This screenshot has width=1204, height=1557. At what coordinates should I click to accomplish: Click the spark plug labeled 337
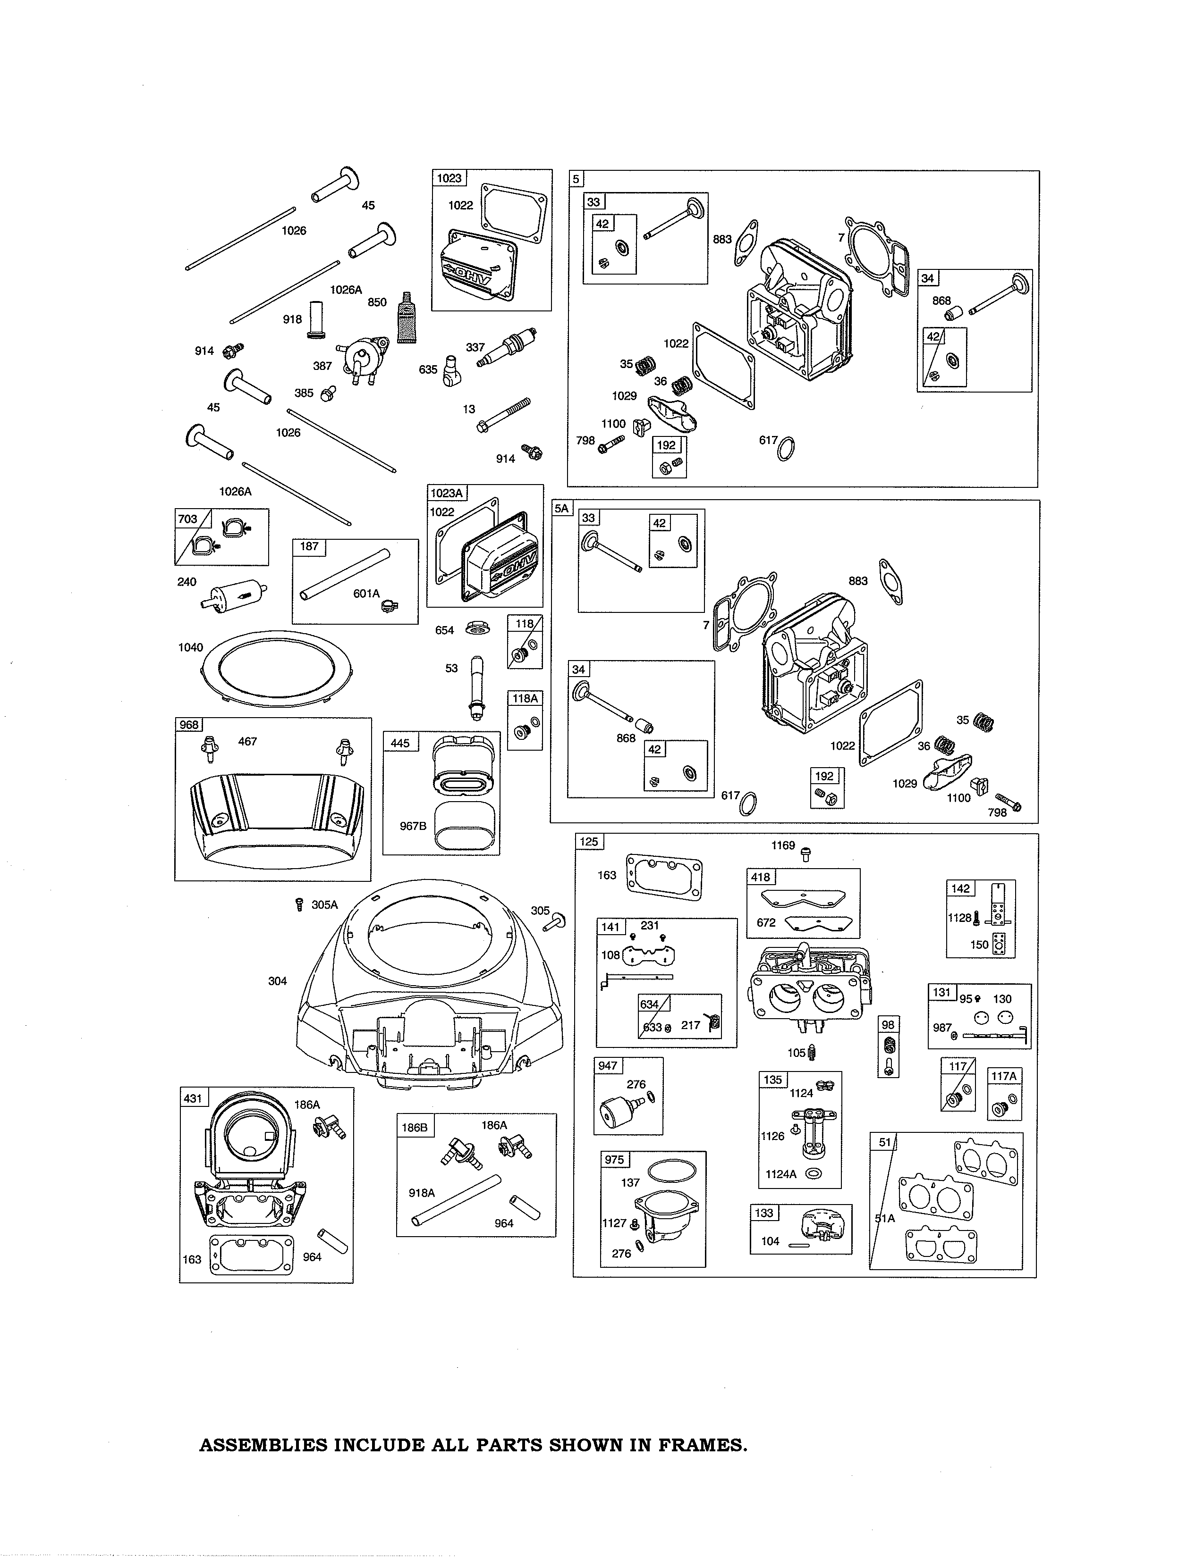508,348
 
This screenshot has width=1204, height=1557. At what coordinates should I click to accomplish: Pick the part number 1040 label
190,647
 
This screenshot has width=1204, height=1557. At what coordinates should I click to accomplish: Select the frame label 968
189,725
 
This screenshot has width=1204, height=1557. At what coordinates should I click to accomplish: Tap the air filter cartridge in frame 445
462,768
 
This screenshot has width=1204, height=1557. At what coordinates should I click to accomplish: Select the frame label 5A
562,508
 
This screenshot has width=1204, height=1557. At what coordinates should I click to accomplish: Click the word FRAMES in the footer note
693,1445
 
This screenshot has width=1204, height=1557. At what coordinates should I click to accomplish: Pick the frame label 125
588,842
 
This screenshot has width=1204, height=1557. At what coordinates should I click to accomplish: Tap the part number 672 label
766,922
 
